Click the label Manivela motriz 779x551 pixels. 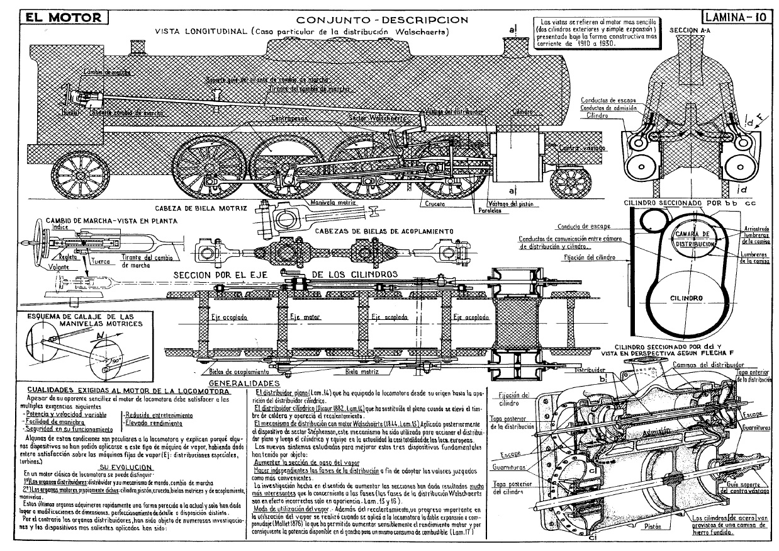pos(327,203)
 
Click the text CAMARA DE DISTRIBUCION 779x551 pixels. pos(693,239)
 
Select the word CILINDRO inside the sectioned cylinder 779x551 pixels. pos(686,298)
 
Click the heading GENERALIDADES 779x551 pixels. pos(243,383)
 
